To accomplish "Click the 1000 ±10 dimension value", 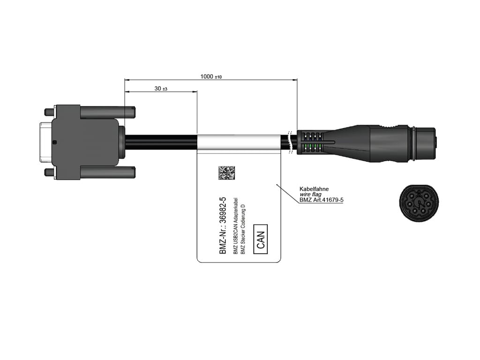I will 210,76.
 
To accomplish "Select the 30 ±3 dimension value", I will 160,89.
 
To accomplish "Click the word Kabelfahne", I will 315,189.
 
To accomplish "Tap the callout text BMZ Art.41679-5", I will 322,200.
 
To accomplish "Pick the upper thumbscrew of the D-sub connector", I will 108,112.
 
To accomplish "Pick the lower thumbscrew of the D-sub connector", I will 108,172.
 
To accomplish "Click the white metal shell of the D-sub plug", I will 45,142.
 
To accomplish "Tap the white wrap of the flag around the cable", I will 239,143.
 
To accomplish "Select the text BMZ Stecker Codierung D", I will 243,230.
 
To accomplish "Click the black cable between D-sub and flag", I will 159,142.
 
